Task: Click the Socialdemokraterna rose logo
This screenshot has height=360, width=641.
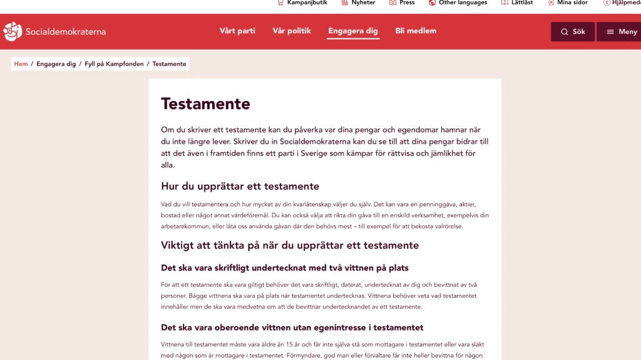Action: (x=13, y=31)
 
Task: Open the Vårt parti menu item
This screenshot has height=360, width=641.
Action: (x=237, y=31)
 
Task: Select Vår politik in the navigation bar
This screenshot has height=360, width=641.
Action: (x=292, y=31)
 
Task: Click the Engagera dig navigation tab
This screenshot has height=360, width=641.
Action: (x=353, y=31)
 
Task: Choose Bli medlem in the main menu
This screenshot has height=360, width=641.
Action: (x=416, y=31)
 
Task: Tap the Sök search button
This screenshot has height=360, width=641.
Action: (x=573, y=32)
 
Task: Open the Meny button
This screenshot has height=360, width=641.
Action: (x=622, y=32)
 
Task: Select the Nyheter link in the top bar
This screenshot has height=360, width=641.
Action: (x=363, y=3)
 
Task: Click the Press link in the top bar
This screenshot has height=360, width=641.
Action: (x=407, y=3)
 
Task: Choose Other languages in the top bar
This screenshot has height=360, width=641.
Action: (x=463, y=3)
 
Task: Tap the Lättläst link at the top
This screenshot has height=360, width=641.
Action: (x=521, y=3)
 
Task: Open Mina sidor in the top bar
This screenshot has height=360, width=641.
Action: (x=572, y=3)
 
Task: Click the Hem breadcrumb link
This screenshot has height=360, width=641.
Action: (x=21, y=64)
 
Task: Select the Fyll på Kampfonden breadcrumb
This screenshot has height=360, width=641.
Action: (x=114, y=64)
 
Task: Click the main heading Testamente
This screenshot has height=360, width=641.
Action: (x=205, y=103)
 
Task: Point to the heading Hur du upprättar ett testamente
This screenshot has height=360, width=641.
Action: (x=240, y=186)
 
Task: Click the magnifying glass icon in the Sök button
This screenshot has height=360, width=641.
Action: (x=565, y=32)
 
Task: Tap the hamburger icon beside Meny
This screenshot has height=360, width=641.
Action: (x=610, y=32)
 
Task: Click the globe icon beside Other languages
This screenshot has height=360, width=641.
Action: (x=432, y=3)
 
